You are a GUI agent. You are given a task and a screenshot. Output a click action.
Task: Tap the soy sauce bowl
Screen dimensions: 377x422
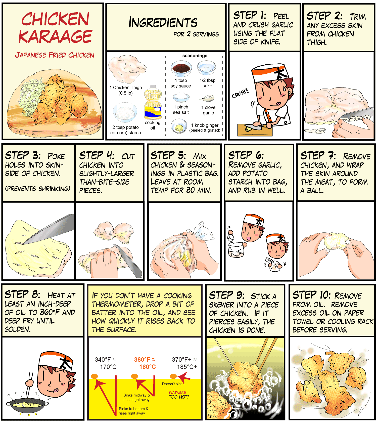(181, 69)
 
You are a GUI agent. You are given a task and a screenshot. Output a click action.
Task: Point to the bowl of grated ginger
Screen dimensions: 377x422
(179, 126)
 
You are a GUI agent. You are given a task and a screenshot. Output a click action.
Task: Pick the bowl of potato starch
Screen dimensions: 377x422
(125, 113)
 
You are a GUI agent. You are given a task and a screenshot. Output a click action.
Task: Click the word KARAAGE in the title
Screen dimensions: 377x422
(56, 36)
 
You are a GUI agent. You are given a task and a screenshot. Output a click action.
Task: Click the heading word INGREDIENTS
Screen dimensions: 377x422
(163, 22)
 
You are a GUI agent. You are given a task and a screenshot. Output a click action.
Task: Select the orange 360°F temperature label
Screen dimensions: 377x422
(145, 363)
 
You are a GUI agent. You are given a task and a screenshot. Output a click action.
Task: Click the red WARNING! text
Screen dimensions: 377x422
(178, 392)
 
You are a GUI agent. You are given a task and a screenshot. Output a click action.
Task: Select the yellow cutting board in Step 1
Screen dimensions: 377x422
(255, 130)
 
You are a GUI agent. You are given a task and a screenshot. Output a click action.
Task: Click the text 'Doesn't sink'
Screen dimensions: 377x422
(172, 384)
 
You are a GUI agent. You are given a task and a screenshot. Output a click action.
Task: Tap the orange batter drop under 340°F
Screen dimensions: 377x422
(94, 376)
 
